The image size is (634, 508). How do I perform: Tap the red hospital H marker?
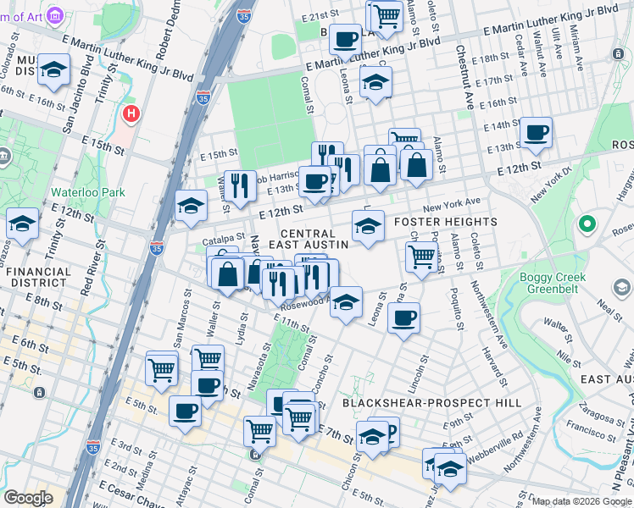130,113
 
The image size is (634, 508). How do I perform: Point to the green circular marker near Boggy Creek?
585,225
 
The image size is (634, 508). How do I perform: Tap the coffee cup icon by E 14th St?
536,133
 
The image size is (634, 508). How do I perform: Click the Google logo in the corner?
28,498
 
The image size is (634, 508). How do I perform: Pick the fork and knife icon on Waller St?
240,185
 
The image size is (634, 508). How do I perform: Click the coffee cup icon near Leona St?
403,318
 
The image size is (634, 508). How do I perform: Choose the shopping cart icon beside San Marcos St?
161,367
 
